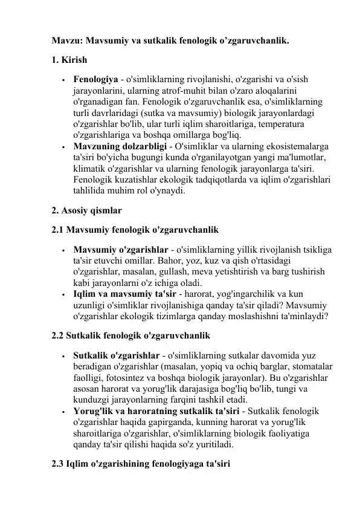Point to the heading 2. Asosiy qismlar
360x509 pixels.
87,211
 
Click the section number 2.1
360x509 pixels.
58,230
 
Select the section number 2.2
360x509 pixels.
58,334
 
